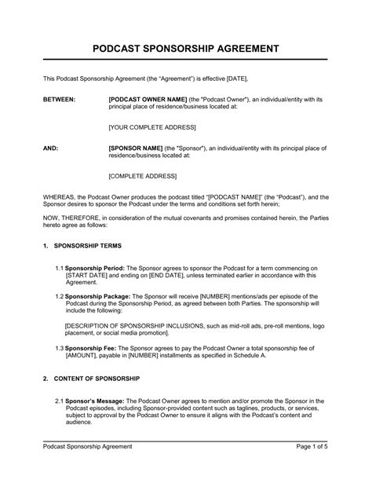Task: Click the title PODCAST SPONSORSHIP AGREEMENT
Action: [x=186, y=48]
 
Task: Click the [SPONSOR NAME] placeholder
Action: [x=135, y=148]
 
